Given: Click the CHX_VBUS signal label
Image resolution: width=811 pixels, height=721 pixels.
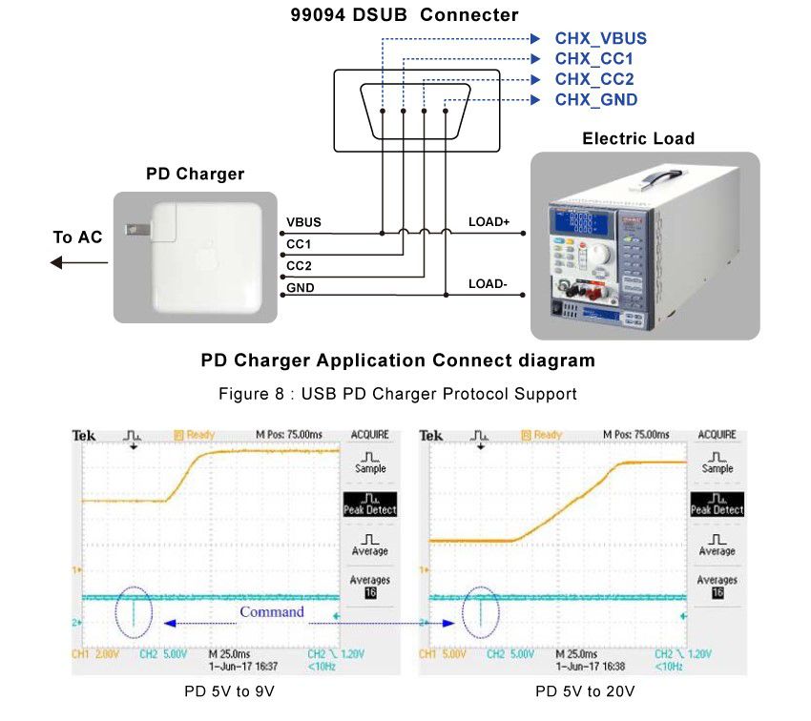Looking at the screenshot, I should (x=600, y=39).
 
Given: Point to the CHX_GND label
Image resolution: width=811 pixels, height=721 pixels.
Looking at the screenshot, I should (x=596, y=99).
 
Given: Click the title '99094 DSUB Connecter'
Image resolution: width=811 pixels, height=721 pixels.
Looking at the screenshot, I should (x=405, y=15).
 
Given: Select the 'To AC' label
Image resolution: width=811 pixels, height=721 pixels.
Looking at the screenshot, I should (x=77, y=237).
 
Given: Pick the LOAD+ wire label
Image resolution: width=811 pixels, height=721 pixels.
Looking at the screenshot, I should (x=489, y=222).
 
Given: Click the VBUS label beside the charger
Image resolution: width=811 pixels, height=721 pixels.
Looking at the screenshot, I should (x=303, y=222).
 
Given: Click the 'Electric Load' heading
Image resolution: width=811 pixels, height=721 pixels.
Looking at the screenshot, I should (x=638, y=138).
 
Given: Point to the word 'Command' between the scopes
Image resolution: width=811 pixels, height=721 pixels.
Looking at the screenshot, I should (x=272, y=612).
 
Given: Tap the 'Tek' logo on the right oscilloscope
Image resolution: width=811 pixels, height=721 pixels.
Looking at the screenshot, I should (x=431, y=435).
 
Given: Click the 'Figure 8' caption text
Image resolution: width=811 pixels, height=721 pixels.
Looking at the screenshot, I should (x=398, y=393).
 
